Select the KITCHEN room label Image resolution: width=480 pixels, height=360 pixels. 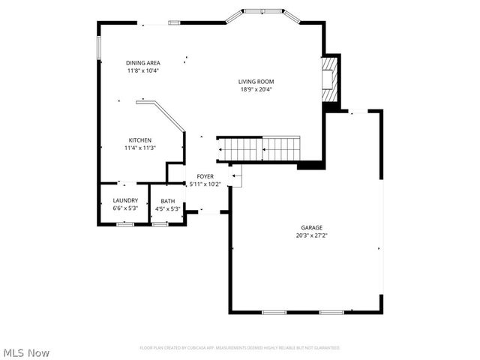click(x=139, y=140)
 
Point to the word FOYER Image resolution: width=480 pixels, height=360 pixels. click(x=205, y=176)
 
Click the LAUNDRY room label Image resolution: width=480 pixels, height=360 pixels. click(x=124, y=201)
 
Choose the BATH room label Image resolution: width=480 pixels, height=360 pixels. click(x=167, y=201)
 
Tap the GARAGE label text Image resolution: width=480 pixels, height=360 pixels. click(x=312, y=227)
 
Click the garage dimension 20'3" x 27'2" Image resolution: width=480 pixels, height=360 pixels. click(x=312, y=235)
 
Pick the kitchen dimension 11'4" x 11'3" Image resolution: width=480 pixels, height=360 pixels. click(x=139, y=148)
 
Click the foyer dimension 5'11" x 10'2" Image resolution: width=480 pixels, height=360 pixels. click(x=205, y=184)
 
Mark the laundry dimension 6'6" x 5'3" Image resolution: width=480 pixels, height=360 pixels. click(x=124, y=208)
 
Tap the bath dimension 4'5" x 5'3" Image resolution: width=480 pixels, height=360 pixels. click(x=167, y=208)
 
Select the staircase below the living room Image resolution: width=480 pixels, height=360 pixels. click(x=259, y=148)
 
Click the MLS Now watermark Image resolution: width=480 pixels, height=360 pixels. click(x=26, y=352)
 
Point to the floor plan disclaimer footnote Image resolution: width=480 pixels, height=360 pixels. click(x=240, y=348)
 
